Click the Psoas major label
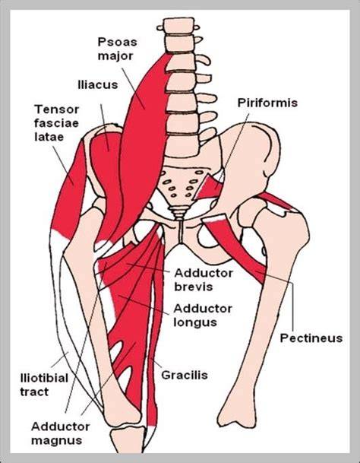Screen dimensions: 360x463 point(117,49)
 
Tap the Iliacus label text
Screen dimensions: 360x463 point(98,84)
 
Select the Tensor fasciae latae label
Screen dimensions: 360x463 point(56,123)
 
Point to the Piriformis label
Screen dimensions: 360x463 point(267,103)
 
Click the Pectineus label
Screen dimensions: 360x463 point(311,338)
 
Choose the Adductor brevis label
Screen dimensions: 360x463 point(204,280)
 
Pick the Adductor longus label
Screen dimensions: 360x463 point(203,315)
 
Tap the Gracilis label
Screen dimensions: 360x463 point(185,375)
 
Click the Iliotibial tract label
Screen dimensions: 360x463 point(44,385)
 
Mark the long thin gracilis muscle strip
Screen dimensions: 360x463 point(155,331)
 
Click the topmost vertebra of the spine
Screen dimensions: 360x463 point(178,25)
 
